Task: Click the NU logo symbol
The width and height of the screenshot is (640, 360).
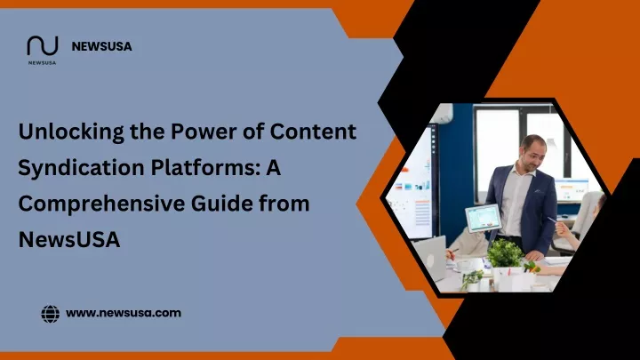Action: [x=43, y=45]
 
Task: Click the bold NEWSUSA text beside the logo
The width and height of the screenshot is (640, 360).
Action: [x=101, y=46]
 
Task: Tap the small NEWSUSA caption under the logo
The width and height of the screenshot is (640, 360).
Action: [x=42, y=63]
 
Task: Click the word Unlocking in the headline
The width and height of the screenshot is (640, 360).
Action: [x=71, y=132]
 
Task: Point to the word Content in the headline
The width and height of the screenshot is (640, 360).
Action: [x=313, y=132]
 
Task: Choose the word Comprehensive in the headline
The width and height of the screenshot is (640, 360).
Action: [x=101, y=204]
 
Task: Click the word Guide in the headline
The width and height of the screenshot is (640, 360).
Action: [x=221, y=204]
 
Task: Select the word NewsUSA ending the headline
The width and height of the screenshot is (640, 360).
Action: [x=69, y=240]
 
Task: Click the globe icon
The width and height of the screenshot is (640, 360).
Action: [x=50, y=314]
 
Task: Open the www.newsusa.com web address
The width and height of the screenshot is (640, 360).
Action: [x=124, y=313]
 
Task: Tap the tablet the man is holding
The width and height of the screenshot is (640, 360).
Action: [x=483, y=218]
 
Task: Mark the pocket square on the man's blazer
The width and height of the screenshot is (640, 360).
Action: [x=539, y=190]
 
